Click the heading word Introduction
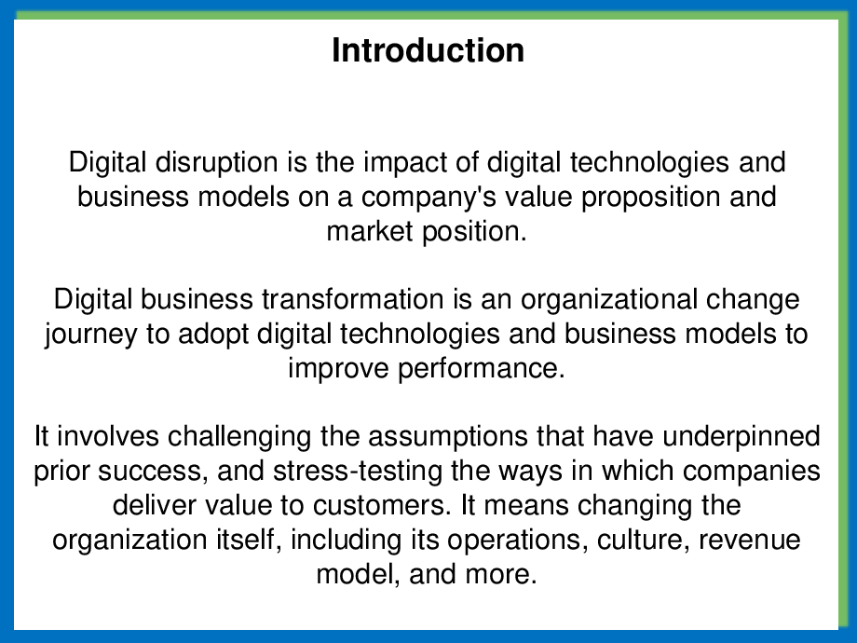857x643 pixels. click(428, 50)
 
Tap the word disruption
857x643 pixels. click(216, 163)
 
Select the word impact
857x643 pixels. click(404, 163)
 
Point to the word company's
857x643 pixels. click(428, 198)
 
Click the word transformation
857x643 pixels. click(352, 300)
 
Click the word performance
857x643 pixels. click(481, 369)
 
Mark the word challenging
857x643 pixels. click(240, 438)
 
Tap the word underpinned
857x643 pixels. click(741, 438)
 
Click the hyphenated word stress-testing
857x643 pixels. click(358, 472)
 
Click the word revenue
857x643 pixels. click(749, 540)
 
